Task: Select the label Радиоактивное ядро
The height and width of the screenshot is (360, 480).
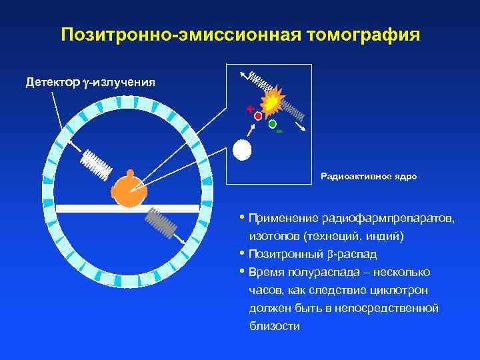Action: coord(368,177)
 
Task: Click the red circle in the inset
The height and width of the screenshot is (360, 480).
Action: coord(258,116)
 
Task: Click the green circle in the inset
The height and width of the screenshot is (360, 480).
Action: coord(272,124)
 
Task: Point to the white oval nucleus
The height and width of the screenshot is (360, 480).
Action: coord(242,150)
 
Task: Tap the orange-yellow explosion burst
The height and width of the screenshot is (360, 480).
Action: coord(272,102)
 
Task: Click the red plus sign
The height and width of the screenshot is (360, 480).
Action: coord(250,108)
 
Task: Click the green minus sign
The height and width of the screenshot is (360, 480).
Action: coord(279,132)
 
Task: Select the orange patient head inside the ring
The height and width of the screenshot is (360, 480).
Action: coord(129,191)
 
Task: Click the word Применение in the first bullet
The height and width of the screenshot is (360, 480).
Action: coord(279,219)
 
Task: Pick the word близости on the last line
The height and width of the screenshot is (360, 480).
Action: coord(275,326)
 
